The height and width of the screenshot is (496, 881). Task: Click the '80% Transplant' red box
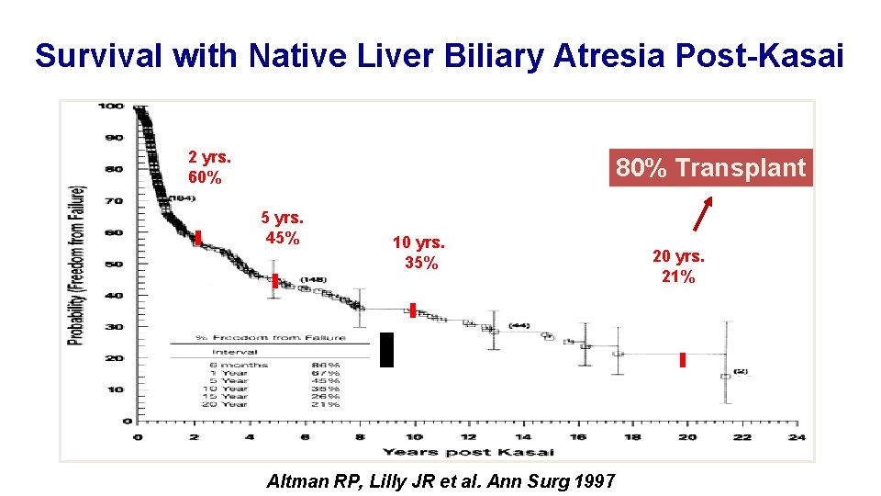(711, 168)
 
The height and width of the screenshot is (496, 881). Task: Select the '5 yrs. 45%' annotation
(283, 228)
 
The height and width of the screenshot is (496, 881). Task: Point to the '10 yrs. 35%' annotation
(418, 253)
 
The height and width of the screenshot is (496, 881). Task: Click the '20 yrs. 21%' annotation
(678, 267)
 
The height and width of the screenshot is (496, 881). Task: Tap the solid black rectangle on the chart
(386, 350)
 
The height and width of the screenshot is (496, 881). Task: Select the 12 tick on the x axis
(468, 436)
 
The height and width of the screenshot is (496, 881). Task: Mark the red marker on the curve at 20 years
(683, 360)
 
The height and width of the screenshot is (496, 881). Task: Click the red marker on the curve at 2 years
(198, 238)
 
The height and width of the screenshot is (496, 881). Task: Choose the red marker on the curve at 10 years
(413, 310)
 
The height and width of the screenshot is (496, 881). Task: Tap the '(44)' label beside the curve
(519, 325)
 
